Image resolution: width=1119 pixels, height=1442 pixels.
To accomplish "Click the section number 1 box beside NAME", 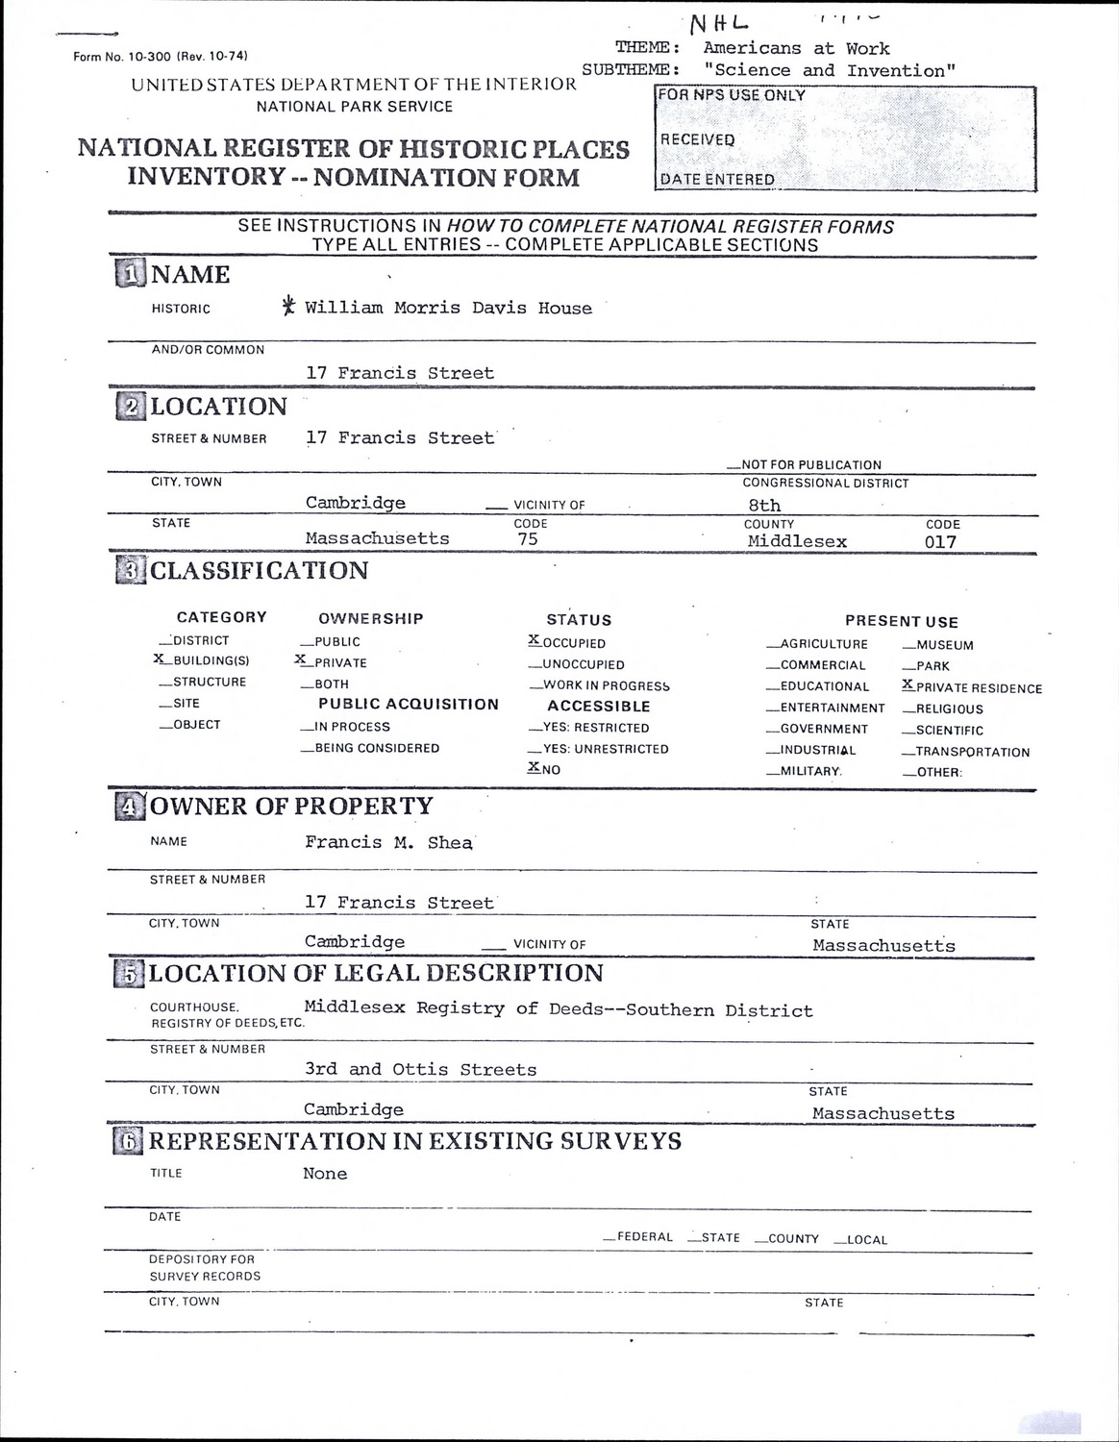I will click(131, 274).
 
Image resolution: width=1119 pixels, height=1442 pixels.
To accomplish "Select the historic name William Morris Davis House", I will click(448, 309).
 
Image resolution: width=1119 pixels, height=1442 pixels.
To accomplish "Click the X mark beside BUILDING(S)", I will click(159, 659).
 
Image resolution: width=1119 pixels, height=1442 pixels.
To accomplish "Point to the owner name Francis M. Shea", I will click(388, 842).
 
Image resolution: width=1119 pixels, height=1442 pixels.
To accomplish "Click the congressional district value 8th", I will click(764, 505).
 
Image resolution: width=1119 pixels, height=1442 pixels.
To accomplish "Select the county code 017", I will click(940, 542).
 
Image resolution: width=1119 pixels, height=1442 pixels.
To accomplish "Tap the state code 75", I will click(528, 539).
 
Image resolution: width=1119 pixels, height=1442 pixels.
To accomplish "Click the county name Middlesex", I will click(797, 541).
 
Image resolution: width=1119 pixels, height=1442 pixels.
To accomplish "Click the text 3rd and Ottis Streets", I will click(420, 1069).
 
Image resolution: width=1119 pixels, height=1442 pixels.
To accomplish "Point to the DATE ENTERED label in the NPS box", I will click(717, 179).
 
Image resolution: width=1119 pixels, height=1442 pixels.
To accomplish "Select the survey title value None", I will click(325, 1174).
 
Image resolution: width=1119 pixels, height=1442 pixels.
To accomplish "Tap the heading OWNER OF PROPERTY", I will click(291, 806).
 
